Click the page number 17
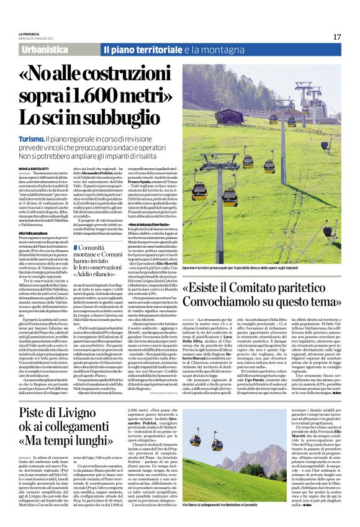(x=337, y=37)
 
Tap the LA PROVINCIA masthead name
(x=30, y=34)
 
